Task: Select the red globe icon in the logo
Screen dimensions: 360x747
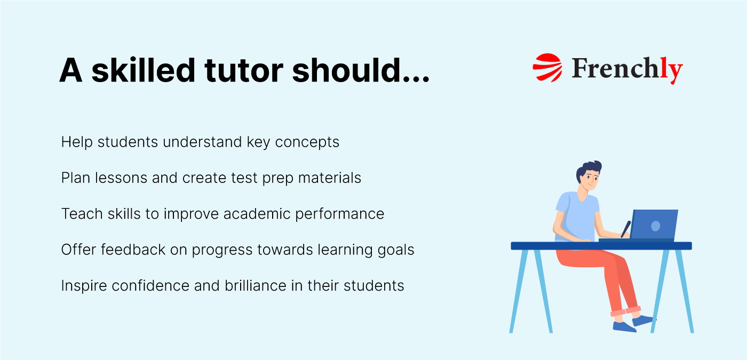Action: tap(547, 67)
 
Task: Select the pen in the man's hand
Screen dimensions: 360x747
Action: tap(626, 228)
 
